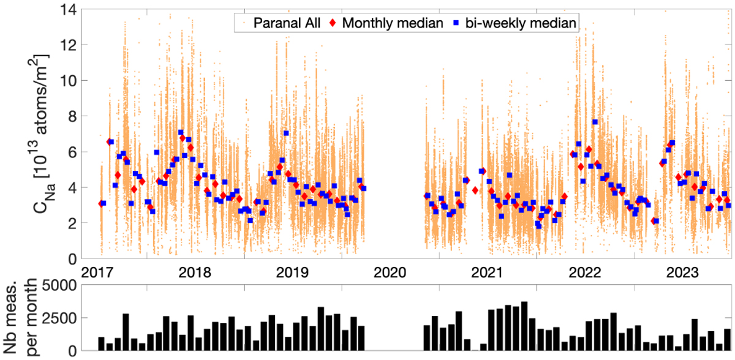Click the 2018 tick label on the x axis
pyautogui.click(x=195, y=271)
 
